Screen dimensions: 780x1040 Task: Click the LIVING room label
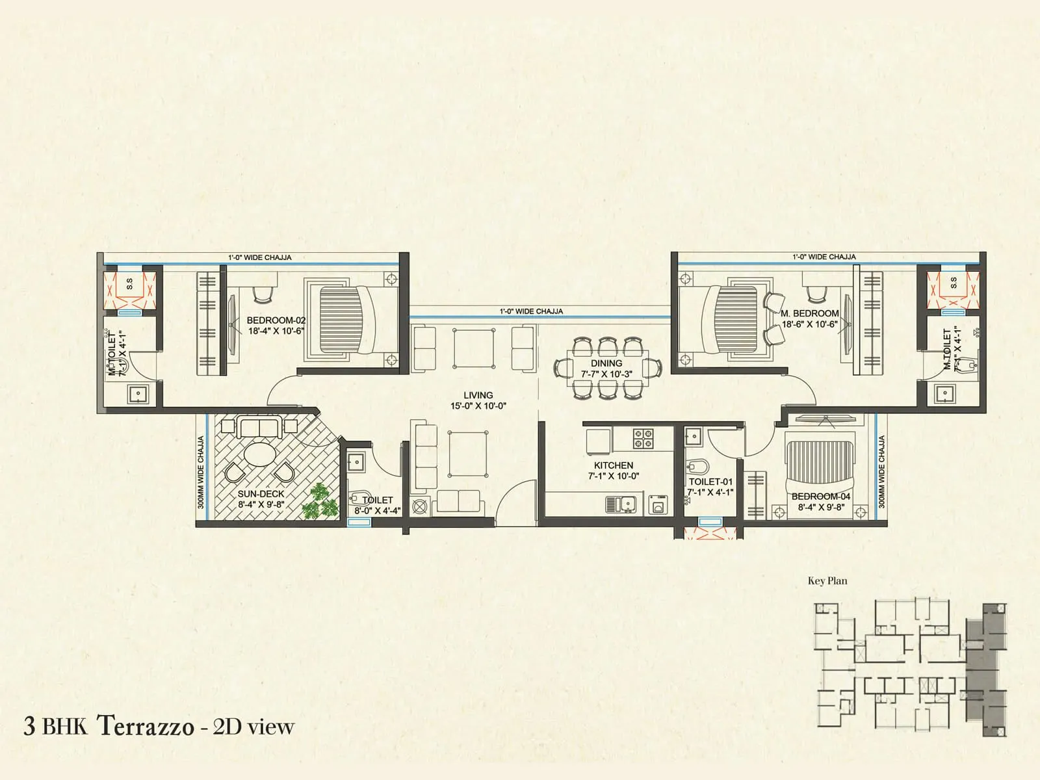point(478,395)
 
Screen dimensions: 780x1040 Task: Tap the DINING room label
point(606,363)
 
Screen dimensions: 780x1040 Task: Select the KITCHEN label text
point(613,465)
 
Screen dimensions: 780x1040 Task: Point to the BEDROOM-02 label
point(276,320)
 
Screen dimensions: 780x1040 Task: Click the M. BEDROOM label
point(810,313)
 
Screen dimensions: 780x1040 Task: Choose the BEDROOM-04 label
point(821,497)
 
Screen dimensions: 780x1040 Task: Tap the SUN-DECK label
point(261,494)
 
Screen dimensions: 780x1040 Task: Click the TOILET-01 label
point(710,482)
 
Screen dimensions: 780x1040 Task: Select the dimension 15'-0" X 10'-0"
point(478,406)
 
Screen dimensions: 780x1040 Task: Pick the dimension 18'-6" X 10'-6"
point(810,324)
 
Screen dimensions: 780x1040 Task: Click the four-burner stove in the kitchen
point(643,439)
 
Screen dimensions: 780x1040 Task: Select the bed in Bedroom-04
point(819,467)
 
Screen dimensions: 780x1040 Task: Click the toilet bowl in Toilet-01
point(697,466)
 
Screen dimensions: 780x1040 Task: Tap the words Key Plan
point(827,581)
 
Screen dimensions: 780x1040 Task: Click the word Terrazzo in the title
point(146,726)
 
